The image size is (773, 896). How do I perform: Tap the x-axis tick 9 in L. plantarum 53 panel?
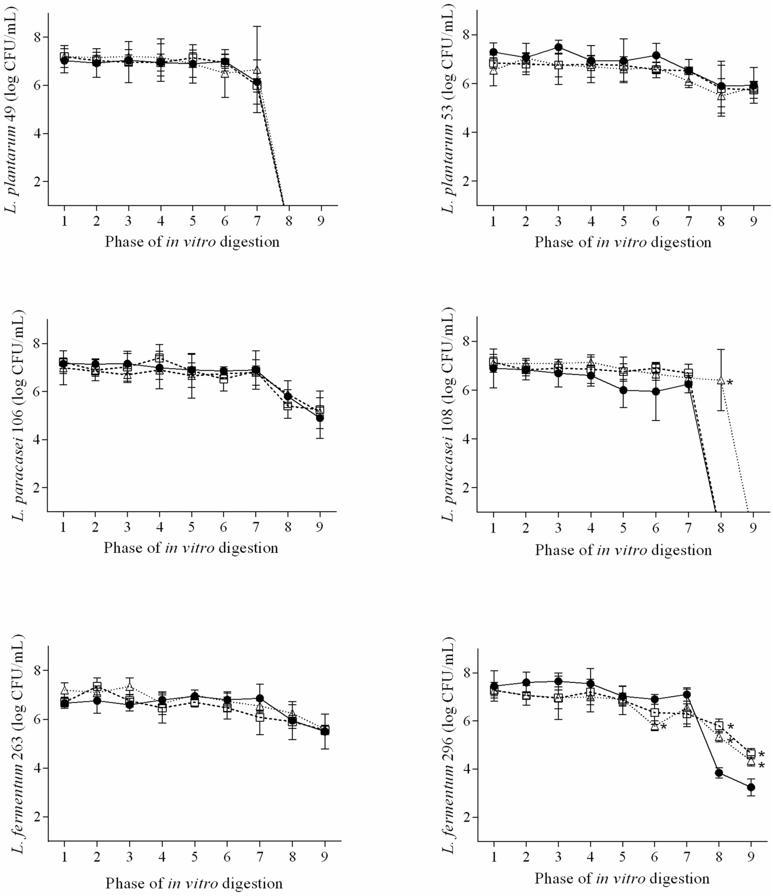[754, 221]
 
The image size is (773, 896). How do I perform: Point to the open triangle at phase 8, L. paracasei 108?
[721, 380]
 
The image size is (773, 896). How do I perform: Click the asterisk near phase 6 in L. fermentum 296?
[664, 727]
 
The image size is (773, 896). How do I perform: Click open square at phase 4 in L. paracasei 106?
[159, 358]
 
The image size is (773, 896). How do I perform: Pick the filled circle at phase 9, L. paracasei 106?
[320, 418]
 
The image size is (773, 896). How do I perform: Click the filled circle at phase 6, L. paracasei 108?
[656, 391]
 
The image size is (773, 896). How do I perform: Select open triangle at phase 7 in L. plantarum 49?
[257, 70]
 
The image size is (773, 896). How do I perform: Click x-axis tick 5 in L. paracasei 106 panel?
[191, 528]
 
